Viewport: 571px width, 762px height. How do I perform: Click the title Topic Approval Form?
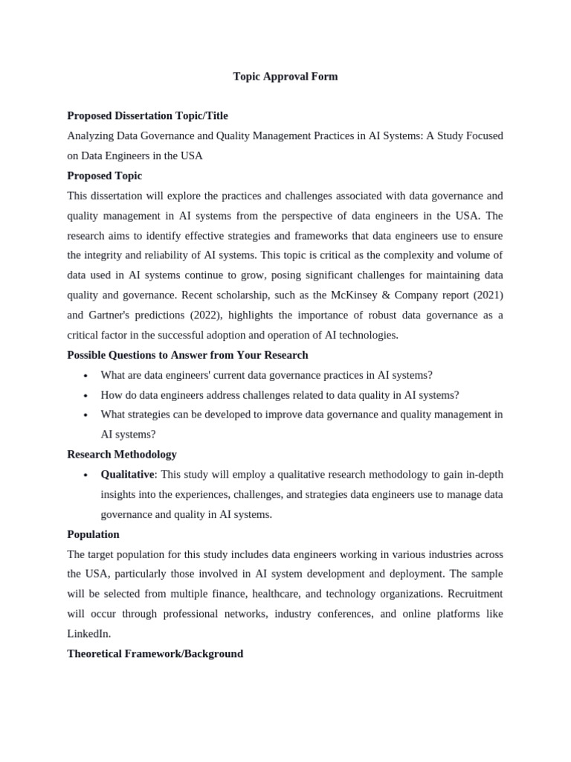(x=285, y=77)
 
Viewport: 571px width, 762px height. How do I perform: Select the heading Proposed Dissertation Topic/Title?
(x=147, y=116)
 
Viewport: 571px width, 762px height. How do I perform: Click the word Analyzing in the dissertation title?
(x=90, y=136)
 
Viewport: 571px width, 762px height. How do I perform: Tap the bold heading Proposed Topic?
(x=104, y=176)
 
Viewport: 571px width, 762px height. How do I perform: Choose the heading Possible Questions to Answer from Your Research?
(x=187, y=355)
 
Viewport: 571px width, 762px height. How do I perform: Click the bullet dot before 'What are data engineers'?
(x=86, y=376)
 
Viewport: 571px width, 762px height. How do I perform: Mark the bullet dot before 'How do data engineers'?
(x=86, y=396)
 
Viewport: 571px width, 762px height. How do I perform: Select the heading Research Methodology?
(x=122, y=454)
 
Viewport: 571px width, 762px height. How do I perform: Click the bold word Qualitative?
(x=128, y=475)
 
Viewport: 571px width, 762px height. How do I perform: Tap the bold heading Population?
(x=93, y=534)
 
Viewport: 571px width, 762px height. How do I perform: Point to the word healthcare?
(x=277, y=594)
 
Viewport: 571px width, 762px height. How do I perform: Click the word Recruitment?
(x=471, y=594)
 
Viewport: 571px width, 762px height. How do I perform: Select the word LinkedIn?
(x=88, y=633)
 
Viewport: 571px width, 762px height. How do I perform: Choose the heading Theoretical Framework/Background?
(x=155, y=653)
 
